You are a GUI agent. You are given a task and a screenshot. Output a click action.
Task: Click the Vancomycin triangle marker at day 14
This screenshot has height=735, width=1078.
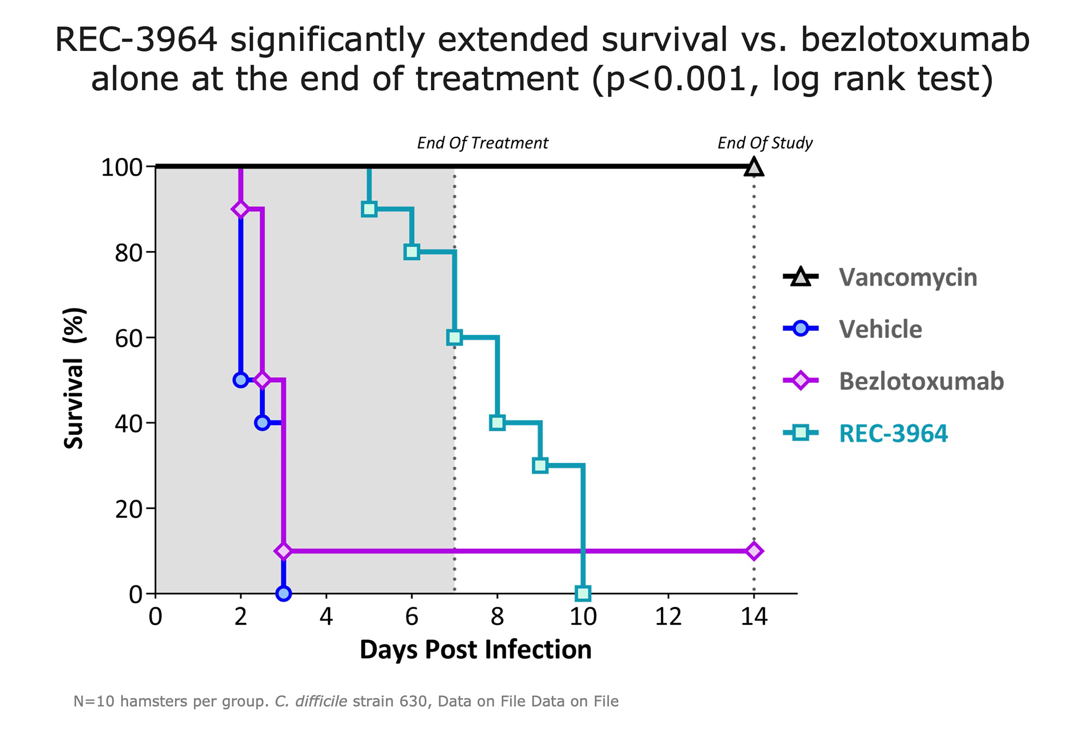click(754, 167)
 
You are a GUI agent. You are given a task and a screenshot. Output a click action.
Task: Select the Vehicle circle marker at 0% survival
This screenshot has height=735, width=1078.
click(283, 593)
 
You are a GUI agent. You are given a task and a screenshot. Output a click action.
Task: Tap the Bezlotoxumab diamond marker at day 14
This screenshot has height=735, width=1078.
click(754, 551)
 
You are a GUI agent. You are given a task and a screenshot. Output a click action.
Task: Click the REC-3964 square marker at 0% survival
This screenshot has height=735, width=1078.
click(583, 593)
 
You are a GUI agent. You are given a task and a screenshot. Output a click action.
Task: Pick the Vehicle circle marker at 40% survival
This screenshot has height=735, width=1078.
click(262, 422)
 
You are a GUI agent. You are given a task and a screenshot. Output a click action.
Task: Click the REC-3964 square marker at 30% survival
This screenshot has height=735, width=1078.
click(540, 465)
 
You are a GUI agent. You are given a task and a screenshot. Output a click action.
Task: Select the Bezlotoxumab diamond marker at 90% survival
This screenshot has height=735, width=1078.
click(240, 209)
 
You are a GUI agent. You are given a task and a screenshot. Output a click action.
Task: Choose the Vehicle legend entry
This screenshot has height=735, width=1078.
click(880, 329)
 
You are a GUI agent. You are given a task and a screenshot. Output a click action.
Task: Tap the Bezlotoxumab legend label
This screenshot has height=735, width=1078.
click(921, 381)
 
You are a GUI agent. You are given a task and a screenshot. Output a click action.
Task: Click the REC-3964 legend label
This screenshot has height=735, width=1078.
click(893, 434)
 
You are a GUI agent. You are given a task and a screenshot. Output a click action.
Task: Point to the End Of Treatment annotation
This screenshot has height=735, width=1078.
click(482, 143)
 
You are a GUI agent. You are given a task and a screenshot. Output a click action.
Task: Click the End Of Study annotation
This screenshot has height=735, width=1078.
click(765, 143)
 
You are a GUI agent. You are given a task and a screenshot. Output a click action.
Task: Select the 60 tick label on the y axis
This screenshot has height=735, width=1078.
click(129, 339)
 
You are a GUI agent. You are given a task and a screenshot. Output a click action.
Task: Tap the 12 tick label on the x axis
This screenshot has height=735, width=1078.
click(668, 617)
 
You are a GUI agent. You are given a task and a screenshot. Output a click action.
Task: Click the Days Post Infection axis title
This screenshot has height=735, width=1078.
click(476, 649)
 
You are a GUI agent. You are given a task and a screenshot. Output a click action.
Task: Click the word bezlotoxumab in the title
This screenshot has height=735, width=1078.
click(915, 40)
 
